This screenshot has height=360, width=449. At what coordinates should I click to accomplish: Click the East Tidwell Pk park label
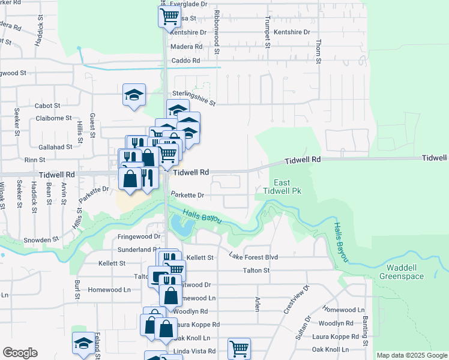(x=282, y=187)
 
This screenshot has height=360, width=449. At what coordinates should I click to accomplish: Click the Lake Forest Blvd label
(x=253, y=257)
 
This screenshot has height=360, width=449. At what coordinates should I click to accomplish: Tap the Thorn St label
(x=319, y=51)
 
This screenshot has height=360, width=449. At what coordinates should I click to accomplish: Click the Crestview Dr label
(x=306, y=298)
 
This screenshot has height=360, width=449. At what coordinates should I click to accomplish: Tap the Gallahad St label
(x=55, y=146)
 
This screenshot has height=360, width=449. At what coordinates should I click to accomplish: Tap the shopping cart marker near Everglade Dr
(x=170, y=16)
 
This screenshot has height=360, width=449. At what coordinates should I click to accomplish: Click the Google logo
(x=20, y=353)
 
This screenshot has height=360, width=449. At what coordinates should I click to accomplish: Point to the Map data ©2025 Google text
(x=412, y=355)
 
